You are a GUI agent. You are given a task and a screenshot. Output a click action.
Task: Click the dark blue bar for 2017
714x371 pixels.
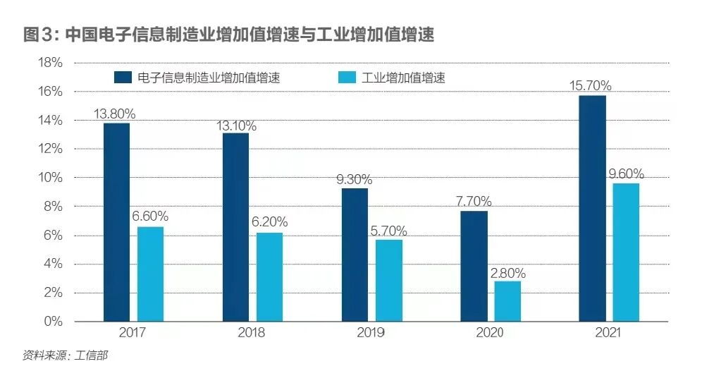click(x=116, y=222)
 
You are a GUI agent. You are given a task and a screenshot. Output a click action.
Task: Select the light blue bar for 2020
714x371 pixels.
click(x=507, y=301)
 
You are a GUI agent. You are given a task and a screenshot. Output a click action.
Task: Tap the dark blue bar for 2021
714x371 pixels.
click(x=592, y=208)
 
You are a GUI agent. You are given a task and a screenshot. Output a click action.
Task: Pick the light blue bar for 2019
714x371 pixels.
click(x=388, y=280)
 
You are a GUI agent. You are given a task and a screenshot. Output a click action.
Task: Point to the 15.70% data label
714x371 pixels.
click(x=591, y=86)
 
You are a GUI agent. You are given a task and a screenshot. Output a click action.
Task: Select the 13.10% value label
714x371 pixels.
click(x=236, y=126)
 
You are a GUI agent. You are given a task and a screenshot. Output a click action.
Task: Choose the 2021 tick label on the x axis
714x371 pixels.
click(x=609, y=333)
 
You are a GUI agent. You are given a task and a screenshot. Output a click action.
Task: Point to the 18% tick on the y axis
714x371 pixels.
click(x=49, y=63)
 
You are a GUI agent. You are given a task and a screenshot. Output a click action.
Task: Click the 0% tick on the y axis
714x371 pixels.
click(x=53, y=321)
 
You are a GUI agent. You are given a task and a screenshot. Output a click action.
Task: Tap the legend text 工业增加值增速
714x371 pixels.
click(x=403, y=78)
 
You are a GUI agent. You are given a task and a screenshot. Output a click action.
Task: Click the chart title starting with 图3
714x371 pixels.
click(x=228, y=35)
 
